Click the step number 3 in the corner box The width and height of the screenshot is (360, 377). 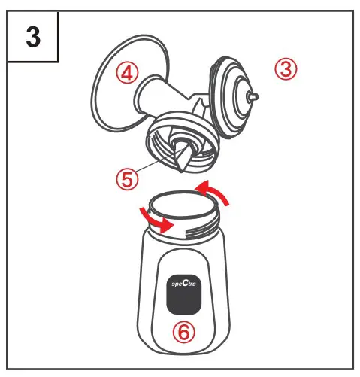pos(34,38)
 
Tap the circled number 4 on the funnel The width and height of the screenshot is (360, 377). pos(129,73)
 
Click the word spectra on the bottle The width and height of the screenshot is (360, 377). pos(179,286)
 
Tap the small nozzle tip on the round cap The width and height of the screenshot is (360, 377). pos(254,97)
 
